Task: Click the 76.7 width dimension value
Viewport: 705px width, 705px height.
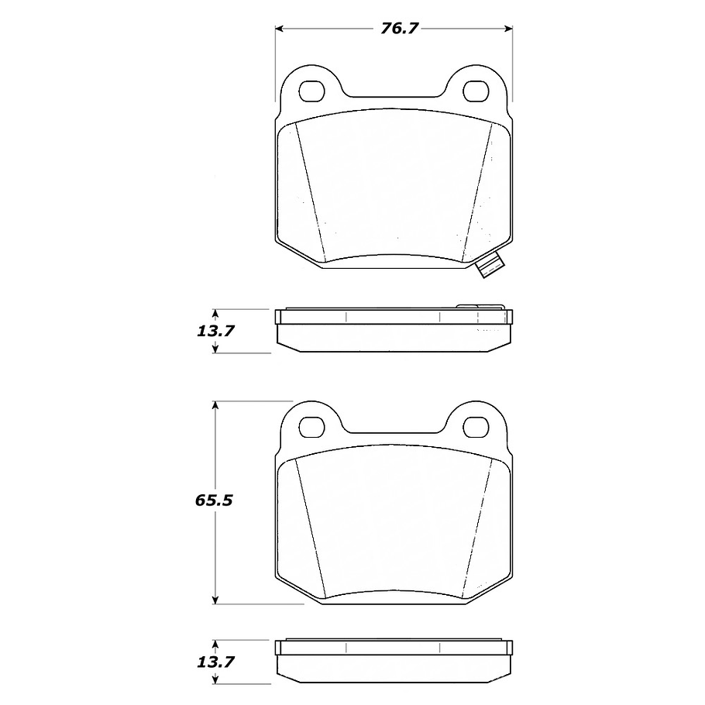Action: point(400,29)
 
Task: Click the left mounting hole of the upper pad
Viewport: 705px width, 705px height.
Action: point(312,91)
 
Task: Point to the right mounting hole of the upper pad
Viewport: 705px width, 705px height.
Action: point(475,91)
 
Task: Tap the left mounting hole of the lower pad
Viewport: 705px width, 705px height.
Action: point(312,426)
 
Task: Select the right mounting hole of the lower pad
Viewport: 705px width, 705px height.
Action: point(475,426)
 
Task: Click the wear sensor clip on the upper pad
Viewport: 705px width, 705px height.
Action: point(490,267)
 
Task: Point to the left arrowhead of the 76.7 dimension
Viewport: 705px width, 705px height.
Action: point(280,29)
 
